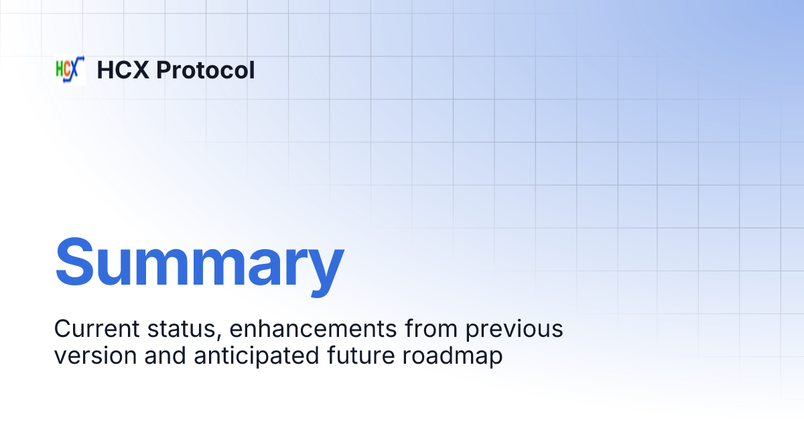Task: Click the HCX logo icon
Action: [70, 70]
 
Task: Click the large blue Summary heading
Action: [199, 261]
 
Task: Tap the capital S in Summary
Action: [75, 261]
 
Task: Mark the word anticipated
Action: [251, 356]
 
